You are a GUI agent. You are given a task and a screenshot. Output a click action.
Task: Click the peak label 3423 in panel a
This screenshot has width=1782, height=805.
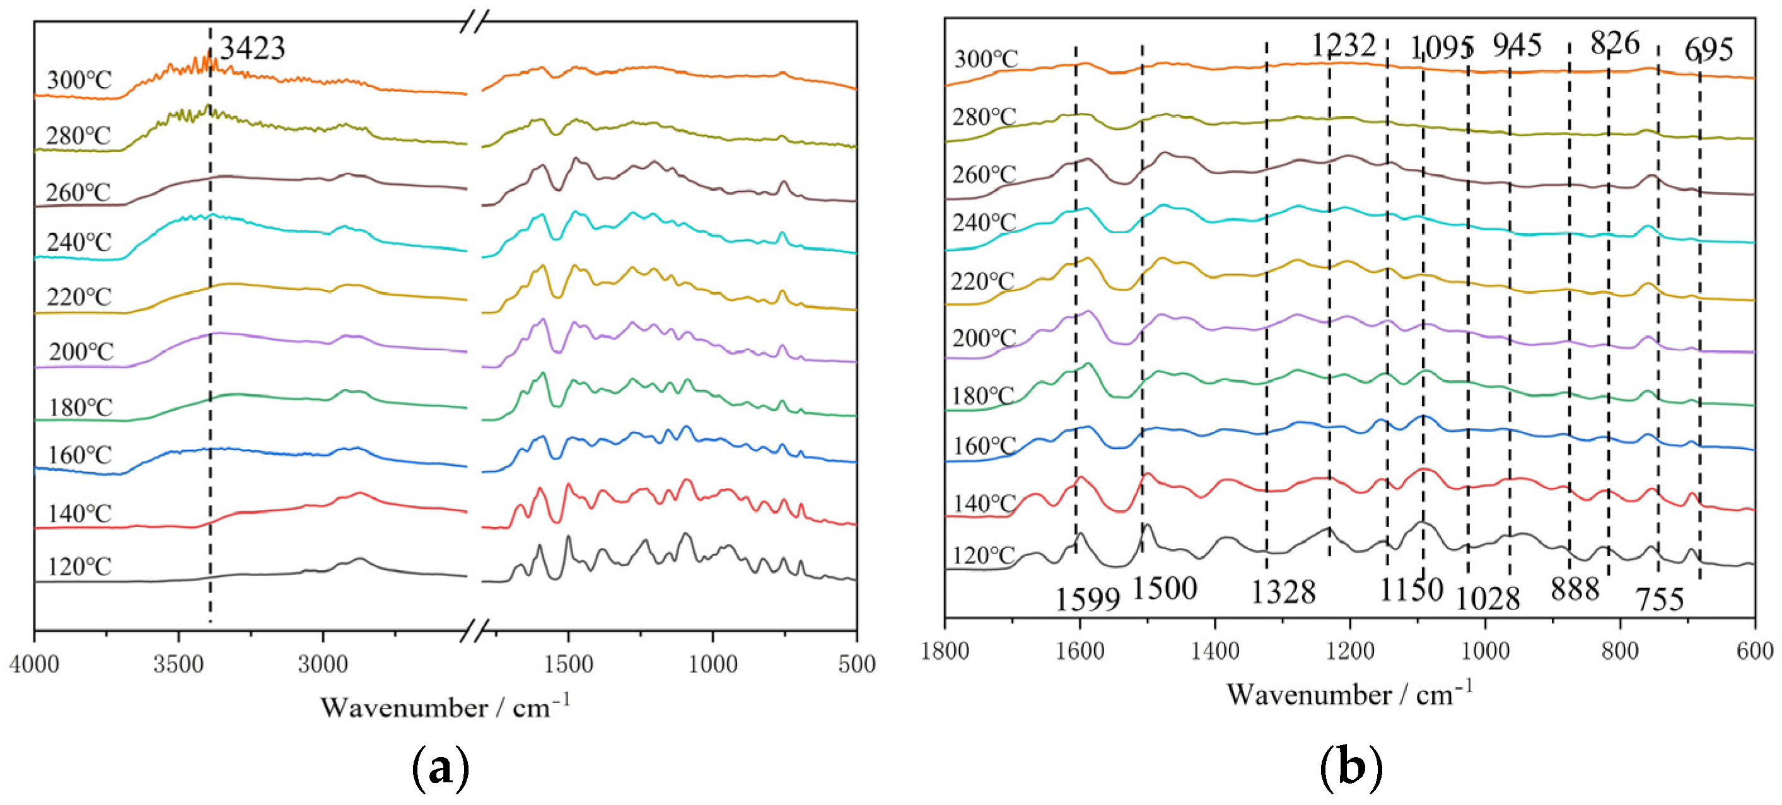point(252,49)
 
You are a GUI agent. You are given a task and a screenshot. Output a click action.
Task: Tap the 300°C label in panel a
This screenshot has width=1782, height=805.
point(79,80)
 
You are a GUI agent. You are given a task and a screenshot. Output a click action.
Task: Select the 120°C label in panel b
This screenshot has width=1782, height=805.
point(984,555)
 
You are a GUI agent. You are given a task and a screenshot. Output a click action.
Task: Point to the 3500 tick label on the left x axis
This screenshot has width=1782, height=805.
point(178,664)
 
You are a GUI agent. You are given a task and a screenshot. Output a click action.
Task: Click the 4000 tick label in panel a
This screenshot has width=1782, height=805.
point(35,664)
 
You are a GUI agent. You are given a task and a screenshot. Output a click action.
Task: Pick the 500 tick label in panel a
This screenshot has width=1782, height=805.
point(856,664)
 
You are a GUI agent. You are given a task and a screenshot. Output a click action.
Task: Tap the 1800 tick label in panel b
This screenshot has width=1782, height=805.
point(945,651)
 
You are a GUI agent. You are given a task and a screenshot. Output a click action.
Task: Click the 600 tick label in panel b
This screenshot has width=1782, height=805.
point(1754,651)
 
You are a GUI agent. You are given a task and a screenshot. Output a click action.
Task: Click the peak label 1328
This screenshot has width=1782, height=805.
point(1283,593)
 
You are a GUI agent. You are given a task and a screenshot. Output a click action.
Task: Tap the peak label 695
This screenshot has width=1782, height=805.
point(1709,50)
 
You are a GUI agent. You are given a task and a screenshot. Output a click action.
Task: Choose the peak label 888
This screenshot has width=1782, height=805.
point(1575,590)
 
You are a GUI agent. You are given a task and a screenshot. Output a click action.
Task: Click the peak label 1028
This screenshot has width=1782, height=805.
point(1488,599)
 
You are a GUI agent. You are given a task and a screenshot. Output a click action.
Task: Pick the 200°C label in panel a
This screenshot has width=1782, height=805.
point(81,352)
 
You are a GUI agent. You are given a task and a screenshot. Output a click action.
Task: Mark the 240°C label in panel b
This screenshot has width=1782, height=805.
point(984,223)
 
